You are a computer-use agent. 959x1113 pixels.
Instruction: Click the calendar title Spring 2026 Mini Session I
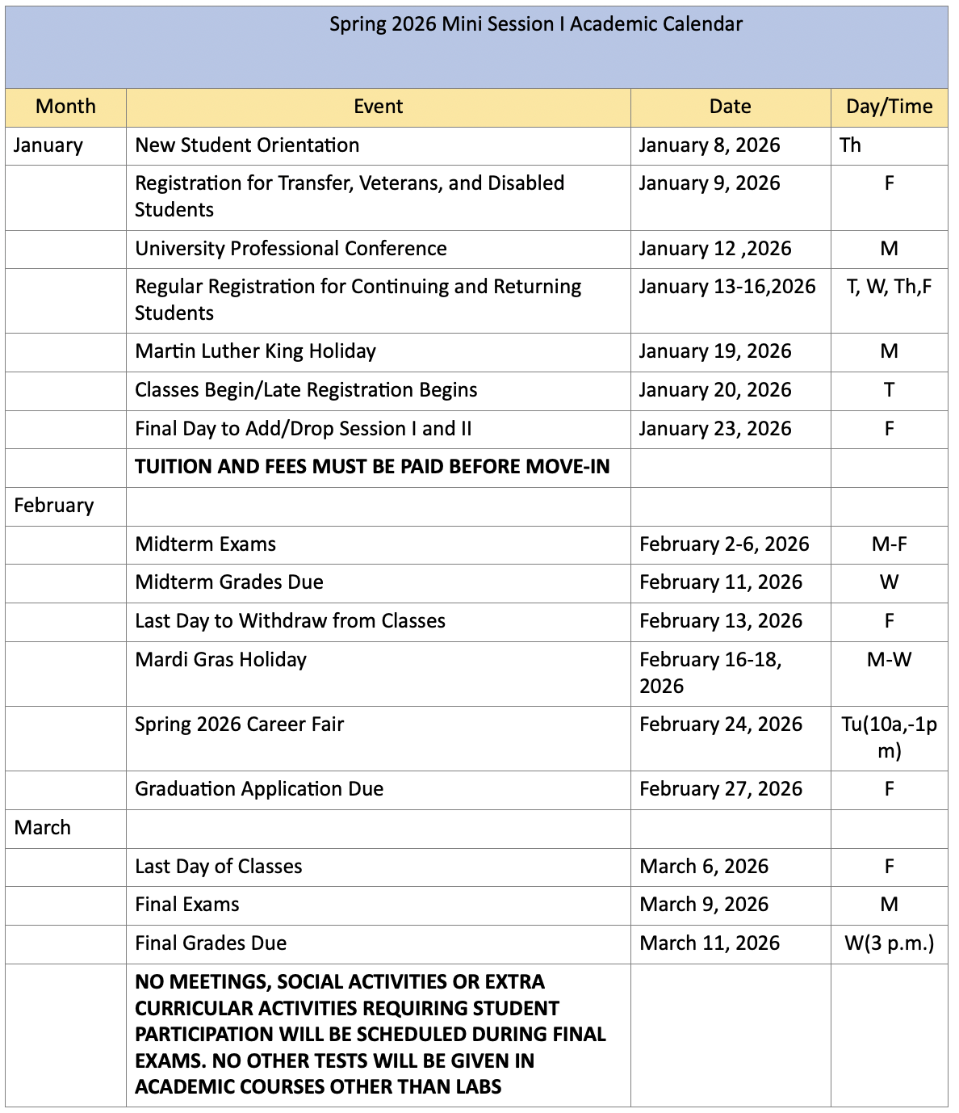click(x=535, y=24)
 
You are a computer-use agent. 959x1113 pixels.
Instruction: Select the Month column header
click(x=65, y=107)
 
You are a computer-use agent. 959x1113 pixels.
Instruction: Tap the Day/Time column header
click(x=889, y=107)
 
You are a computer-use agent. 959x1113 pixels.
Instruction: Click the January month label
click(x=48, y=145)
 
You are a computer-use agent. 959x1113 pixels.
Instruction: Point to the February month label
click(x=54, y=506)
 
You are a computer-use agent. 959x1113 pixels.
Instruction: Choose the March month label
click(x=43, y=828)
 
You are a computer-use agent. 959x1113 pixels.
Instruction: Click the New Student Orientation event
click(x=247, y=145)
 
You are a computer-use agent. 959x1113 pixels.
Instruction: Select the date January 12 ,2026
click(x=714, y=249)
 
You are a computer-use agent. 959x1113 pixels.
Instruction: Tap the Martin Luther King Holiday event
click(x=255, y=351)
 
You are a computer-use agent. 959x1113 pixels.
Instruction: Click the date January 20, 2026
click(x=714, y=390)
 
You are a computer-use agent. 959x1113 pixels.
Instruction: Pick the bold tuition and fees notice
click(x=372, y=467)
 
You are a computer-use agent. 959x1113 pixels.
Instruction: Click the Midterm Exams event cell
click(x=205, y=544)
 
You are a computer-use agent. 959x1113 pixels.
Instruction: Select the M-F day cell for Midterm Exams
click(x=889, y=544)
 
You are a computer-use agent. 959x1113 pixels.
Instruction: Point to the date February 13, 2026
click(x=721, y=621)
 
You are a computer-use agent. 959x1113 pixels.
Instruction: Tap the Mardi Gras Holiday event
click(x=220, y=660)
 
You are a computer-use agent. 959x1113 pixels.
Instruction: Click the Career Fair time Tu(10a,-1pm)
click(x=889, y=737)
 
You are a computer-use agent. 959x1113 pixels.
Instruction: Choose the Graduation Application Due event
click(x=259, y=789)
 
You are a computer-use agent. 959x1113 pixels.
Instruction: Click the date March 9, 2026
click(x=704, y=905)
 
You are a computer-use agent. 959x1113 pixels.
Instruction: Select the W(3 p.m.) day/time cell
click(x=889, y=943)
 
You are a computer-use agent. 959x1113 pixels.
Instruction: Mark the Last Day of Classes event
click(x=218, y=867)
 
